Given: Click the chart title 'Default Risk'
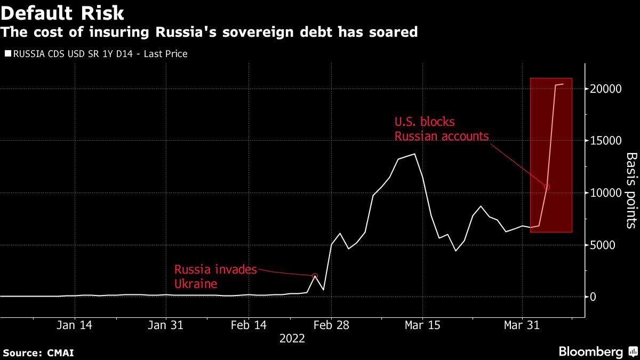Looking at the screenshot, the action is pos(62,13).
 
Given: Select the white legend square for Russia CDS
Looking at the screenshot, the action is pos(8,53).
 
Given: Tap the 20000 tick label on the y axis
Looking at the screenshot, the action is pos(606,89).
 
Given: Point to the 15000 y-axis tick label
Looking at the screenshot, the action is pos(606,141).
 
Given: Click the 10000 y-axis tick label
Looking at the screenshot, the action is pos(606,193).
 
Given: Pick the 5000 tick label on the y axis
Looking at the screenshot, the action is pos(603,245).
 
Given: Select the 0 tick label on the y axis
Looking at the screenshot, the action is pos(593,297).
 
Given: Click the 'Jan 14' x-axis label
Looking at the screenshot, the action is pos(74,325).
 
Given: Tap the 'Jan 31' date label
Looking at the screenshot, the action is pos(165,325).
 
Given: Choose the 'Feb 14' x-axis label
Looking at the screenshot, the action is pos(249,325).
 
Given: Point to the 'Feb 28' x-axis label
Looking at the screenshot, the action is pos(331,325).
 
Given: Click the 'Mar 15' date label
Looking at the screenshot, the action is pos(422,325).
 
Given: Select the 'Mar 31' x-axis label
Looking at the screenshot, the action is pos(522,325).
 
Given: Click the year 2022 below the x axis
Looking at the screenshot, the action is pos(292,339).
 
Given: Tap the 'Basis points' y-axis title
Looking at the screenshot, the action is pos(631,190).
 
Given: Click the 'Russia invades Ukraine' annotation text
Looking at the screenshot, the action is pos(215,277).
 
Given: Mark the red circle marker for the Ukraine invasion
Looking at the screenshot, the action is pos(315,276).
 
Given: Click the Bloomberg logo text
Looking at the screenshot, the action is pos(591,351).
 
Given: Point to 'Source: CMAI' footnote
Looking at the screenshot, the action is pos(38,353).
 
